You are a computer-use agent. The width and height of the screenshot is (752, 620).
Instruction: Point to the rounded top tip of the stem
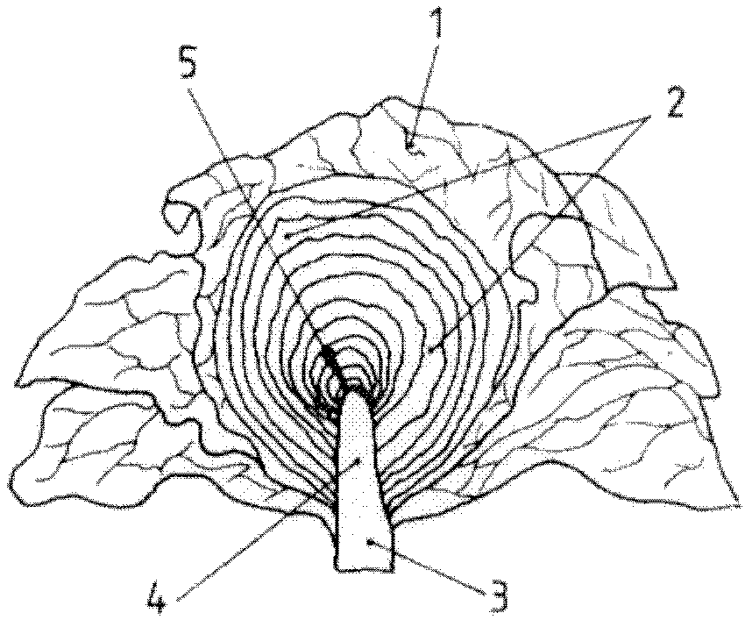coord(358,392)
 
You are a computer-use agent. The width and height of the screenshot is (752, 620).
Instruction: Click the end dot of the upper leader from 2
coord(286,236)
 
